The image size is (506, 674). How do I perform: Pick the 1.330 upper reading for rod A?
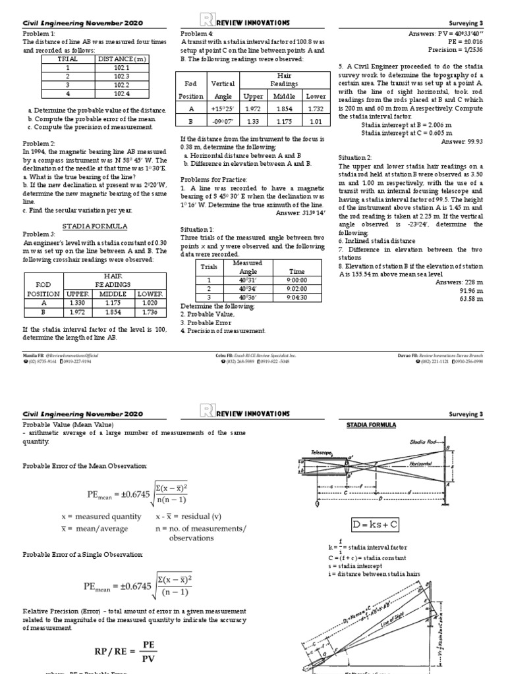click(78, 303)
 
